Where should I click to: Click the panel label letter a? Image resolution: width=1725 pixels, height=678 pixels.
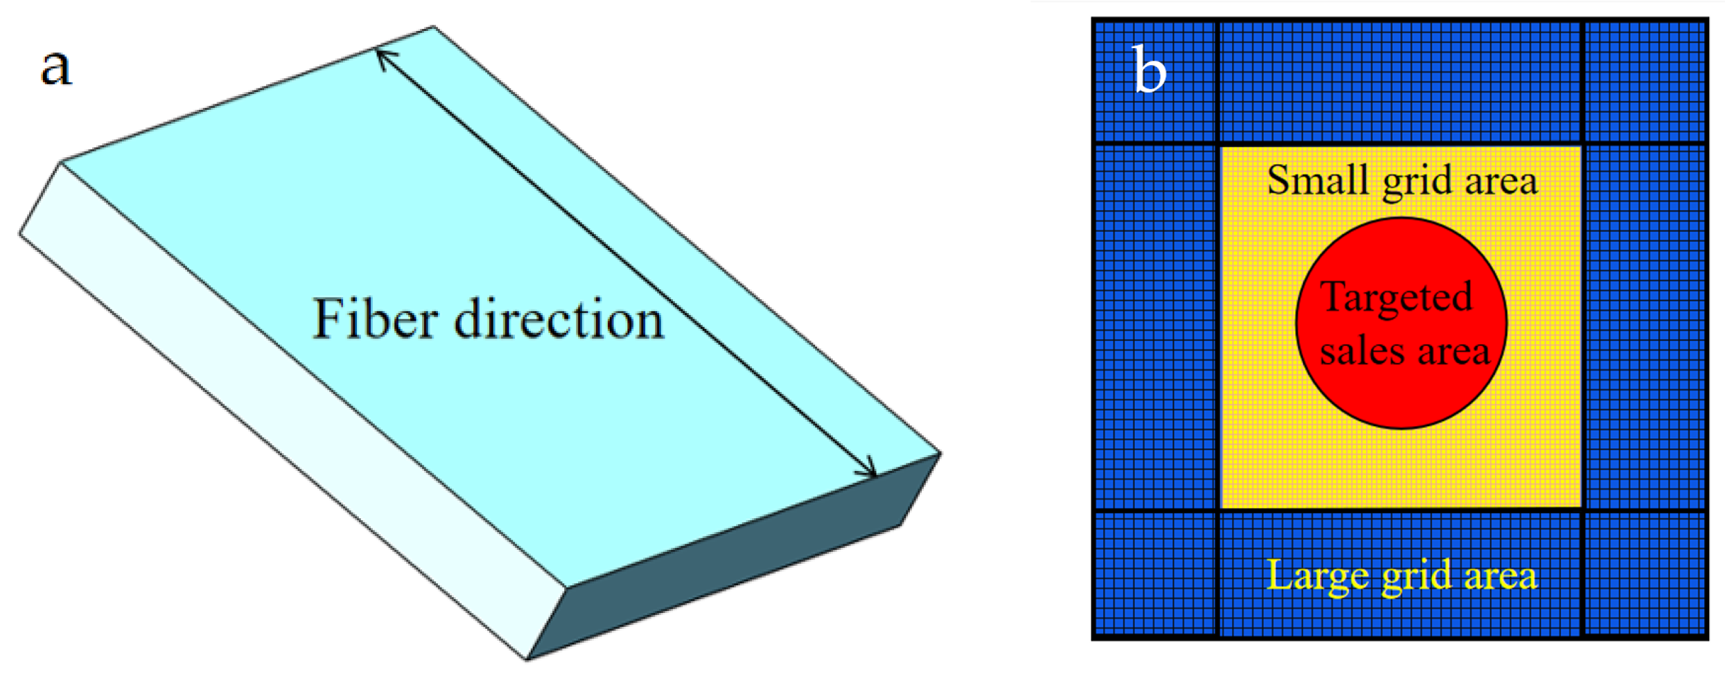point(56,68)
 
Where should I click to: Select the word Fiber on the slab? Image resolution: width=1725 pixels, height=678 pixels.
point(376,319)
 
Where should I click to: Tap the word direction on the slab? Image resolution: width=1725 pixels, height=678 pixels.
point(559,319)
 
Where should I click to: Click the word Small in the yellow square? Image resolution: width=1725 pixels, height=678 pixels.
point(1314,181)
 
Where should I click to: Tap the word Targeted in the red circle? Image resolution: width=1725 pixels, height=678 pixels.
point(1396,297)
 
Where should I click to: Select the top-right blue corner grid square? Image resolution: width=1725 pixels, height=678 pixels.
point(1644,81)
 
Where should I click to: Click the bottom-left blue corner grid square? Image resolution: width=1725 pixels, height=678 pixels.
point(1155,573)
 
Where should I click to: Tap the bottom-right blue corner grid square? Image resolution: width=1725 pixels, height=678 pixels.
point(1644,573)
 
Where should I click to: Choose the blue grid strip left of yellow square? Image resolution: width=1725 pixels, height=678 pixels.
point(1155,326)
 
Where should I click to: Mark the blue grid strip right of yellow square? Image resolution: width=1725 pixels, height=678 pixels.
point(1644,326)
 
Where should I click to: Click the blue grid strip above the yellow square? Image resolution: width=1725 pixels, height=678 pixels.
point(1400,81)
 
